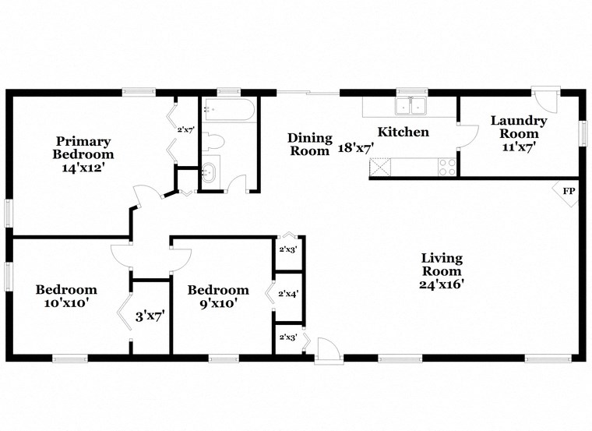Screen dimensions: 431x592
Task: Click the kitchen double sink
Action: click(x=409, y=105)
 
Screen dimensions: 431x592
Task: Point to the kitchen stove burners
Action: click(x=447, y=166)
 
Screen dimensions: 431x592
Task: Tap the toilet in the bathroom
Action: click(x=214, y=142)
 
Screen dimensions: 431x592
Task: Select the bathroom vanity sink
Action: click(x=210, y=173)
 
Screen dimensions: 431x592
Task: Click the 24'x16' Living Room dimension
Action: click(x=442, y=284)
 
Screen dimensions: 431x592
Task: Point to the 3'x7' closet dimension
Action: click(x=150, y=316)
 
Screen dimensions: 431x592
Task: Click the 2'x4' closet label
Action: click(x=289, y=294)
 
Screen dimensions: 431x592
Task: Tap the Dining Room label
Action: click(x=310, y=144)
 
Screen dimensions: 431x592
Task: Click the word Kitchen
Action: click(x=403, y=132)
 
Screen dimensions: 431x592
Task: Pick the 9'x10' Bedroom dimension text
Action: click(x=218, y=303)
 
